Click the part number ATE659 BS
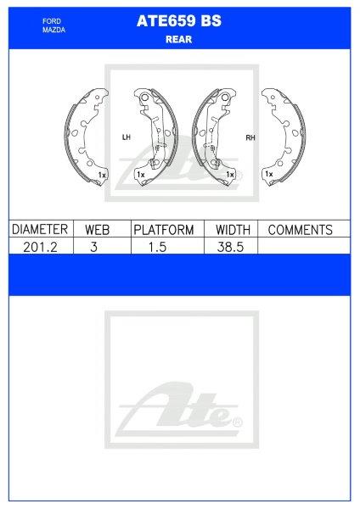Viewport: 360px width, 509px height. pos(179,24)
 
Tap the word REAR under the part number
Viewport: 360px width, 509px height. pos(179,38)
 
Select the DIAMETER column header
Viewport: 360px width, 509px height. pos(39,230)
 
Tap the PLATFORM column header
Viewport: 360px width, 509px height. pos(164,230)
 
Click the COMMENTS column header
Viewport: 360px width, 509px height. pos(299,230)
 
